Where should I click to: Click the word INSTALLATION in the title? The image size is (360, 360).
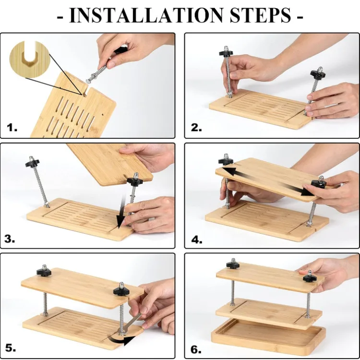[146, 15]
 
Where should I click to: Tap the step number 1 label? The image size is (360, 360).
[12, 127]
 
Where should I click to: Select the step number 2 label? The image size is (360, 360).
[196, 127]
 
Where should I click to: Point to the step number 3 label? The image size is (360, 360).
[10, 239]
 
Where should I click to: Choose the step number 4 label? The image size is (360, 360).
[197, 240]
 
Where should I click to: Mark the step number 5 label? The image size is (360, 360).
[11, 348]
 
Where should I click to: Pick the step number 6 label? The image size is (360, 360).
[196, 349]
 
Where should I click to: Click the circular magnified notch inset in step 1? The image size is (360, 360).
[30, 59]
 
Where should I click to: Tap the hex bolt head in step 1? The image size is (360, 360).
[89, 81]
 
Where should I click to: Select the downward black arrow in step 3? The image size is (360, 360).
[121, 211]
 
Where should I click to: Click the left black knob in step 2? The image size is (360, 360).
[226, 52]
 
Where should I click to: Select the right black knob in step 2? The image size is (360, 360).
[318, 72]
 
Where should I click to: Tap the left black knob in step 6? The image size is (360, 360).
[233, 264]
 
